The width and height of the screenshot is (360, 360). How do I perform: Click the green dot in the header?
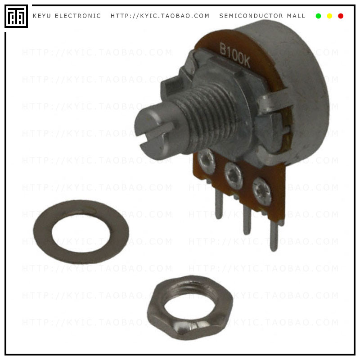pyautogui.click(x=319, y=16)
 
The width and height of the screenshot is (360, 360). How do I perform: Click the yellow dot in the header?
pyautogui.click(x=329, y=16)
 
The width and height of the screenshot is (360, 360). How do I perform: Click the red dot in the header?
pyautogui.click(x=341, y=16)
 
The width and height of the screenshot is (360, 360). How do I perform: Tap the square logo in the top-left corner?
pyautogui.click(x=16, y=16)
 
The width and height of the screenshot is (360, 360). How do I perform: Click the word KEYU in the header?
pyautogui.click(x=42, y=16)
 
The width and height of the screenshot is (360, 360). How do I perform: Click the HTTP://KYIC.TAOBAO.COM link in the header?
pyautogui.click(x=160, y=16)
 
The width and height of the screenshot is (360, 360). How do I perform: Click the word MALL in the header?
pyautogui.click(x=296, y=16)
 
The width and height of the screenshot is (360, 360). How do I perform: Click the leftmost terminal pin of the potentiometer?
pyautogui.click(x=219, y=205)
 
